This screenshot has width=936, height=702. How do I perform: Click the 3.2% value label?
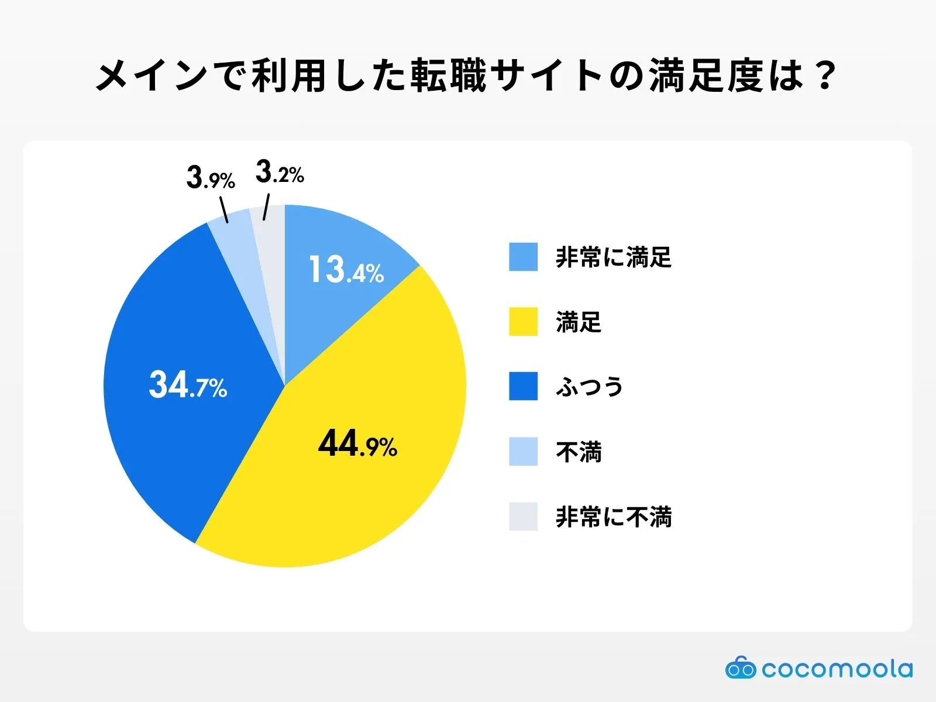point(280,173)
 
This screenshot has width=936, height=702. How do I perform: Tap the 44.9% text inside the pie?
point(357,445)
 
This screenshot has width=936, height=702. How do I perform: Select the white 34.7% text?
point(188,386)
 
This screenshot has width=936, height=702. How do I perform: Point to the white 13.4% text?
point(346,270)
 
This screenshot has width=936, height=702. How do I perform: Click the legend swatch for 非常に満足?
point(523,257)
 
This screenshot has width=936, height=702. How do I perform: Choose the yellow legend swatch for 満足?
point(523,322)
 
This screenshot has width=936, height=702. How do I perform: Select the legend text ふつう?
point(590,387)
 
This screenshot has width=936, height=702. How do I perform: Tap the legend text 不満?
point(579,452)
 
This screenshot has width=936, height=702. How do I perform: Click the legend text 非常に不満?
point(614,517)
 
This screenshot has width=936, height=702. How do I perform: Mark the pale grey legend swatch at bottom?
point(523,517)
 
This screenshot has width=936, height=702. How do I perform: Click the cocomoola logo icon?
point(740,667)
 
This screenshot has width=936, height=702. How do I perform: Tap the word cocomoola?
point(837,669)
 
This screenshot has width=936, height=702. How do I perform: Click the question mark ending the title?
point(825,76)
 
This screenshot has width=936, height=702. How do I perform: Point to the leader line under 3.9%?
point(223,210)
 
